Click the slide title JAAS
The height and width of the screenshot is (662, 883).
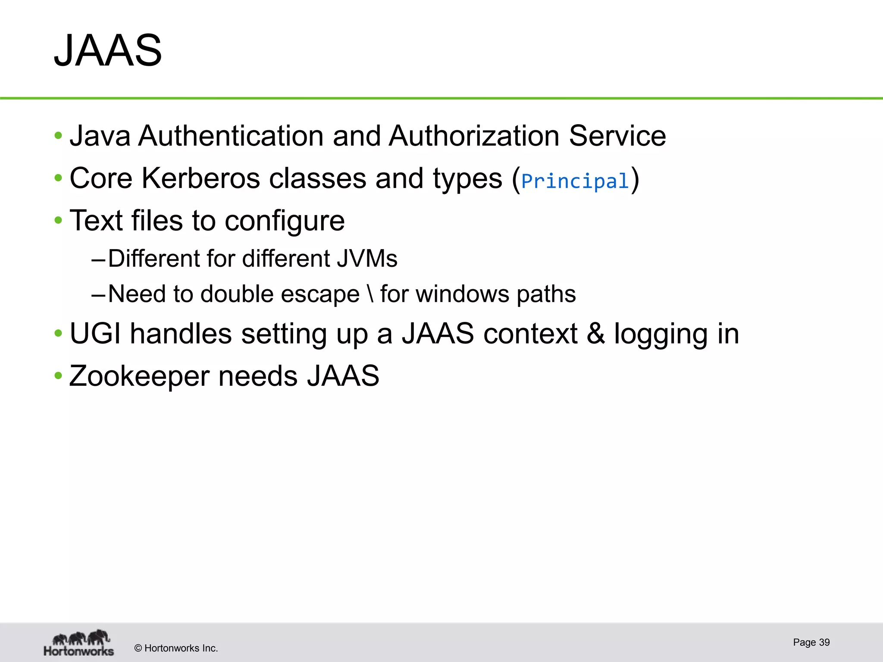(x=108, y=51)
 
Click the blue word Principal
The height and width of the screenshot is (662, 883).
(x=575, y=181)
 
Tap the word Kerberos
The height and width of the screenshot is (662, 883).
(x=200, y=178)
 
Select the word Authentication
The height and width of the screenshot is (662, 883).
(x=231, y=136)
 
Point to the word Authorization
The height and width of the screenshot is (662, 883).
(x=474, y=136)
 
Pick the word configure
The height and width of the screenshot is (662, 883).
(x=285, y=221)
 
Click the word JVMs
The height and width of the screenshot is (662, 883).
(x=367, y=259)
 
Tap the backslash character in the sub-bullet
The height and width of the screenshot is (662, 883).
(x=370, y=294)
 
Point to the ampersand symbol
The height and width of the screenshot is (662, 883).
(x=595, y=334)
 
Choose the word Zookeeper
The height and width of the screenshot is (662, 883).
(x=139, y=376)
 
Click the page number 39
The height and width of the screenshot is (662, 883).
(x=824, y=642)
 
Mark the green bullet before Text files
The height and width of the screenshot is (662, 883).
(x=58, y=221)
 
